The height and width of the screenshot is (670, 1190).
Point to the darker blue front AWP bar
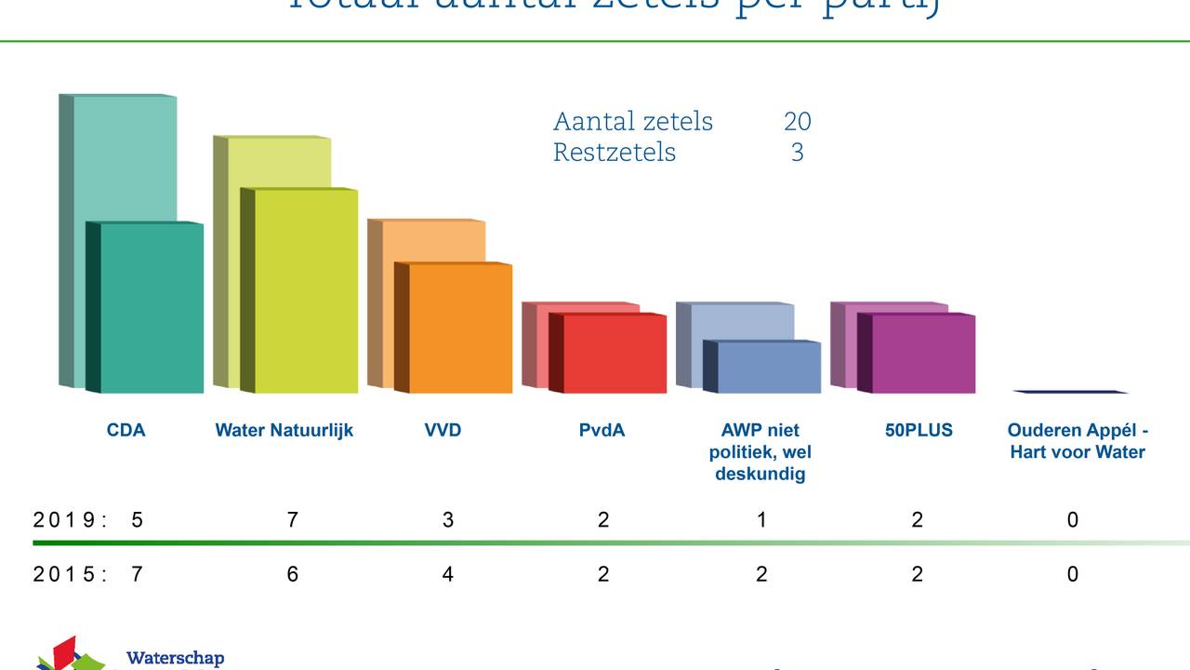(x=768, y=368)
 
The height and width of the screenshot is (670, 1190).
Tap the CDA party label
(x=126, y=430)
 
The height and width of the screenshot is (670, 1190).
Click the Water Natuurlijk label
(x=284, y=430)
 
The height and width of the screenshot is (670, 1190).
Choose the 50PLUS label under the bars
(x=919, y=430)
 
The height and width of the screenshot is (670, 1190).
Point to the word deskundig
(x=760, y=474)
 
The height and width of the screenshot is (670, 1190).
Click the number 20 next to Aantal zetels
(x=797, y=122)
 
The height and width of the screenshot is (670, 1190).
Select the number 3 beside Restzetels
(x=797, y=153)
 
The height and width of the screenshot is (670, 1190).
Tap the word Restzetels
(x=615, y=153)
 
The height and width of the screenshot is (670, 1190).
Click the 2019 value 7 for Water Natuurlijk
(x=292, y=520)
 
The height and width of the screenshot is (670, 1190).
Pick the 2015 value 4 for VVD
(x=447, y=574)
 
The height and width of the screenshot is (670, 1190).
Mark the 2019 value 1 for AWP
(x=761, y=520)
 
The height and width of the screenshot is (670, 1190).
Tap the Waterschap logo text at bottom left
(x=175, y=659)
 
